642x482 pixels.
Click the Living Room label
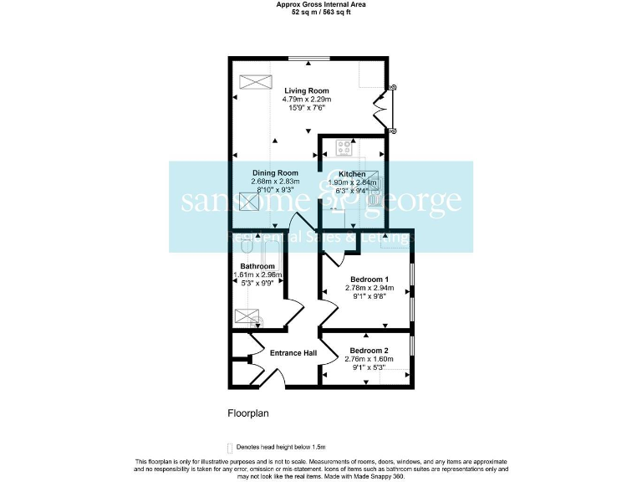pyautogui.click(x=306, y=90)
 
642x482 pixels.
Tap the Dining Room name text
pyautogui.click(x=275, y=173)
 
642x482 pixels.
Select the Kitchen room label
pyautogui.click(x=352, y=173)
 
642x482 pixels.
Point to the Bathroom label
pyautogui.click(x=257, y=266)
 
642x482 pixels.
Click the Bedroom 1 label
pyautogui.click(x=369, y=279)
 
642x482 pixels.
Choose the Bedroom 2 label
pyautogui.click(x=369, y=350)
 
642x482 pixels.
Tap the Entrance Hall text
pyautogui.click(x=293, y=353)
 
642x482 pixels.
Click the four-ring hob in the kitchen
pyautogui.click(x=344, y=148)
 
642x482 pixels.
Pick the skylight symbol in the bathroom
pyautogui.click(x=247, y=316)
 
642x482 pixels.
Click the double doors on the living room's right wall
pyautogui.click(x=384, y=109)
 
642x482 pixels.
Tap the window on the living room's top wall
pyautogui.click(x=310, y=59)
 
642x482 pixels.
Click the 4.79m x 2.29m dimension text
pyautogui.click(x=306, y=100)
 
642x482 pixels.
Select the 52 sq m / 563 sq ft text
pyautogui.click(x=321, y=13)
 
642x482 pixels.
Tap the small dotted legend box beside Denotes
pyautogui.click(x=229, y=448)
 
